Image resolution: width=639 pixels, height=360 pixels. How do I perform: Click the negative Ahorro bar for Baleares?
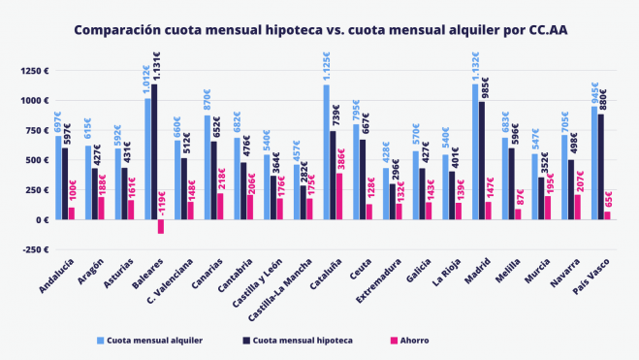pos(161,226)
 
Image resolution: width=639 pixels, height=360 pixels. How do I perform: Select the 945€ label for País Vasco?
pos(594,93)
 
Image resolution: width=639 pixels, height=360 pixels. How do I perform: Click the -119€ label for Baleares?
pos(161,206)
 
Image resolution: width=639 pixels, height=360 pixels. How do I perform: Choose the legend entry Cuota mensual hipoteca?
pos(297,341)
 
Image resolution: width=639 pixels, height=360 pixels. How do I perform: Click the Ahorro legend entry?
pos(410,341)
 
